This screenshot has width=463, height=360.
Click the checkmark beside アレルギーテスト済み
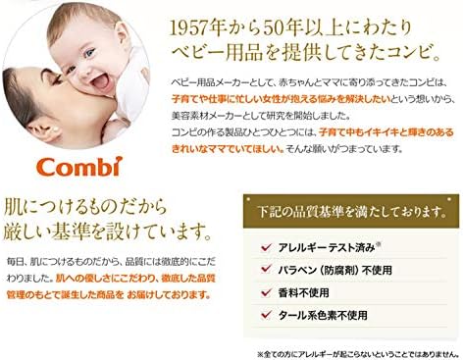coord(266,246)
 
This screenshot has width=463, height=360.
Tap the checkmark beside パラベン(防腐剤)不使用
coord(266,269)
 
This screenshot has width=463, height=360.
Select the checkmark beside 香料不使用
coord(266,291)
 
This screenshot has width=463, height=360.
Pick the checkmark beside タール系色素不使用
coord(266,314)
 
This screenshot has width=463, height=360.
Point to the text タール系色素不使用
coord(324,314)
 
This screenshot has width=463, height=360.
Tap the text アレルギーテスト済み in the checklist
coord(320,246)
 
